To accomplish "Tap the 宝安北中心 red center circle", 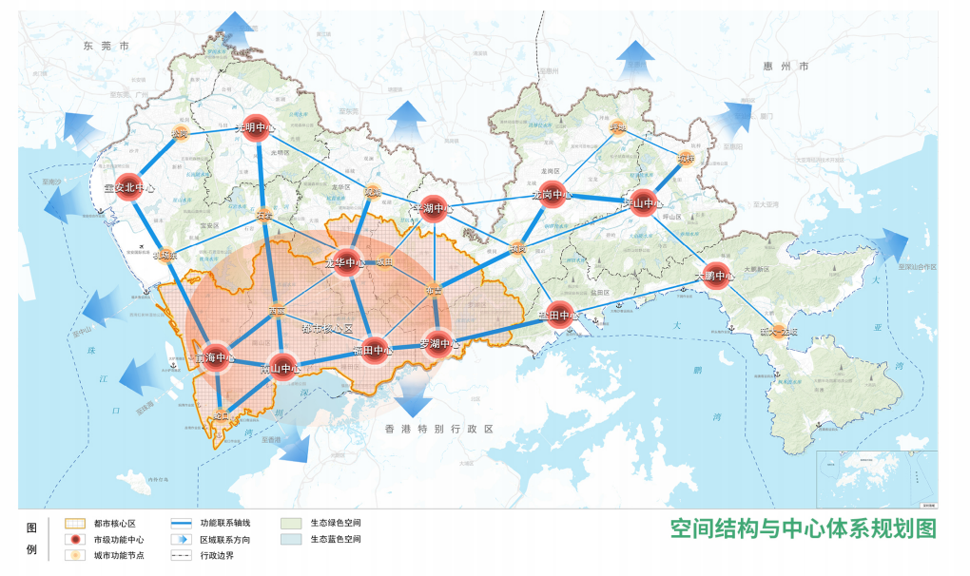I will (126, 186).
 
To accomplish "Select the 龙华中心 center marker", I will (345, 262).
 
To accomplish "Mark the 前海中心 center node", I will (215, 358).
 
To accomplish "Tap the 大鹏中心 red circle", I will (715, 277).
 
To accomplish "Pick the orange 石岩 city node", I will (263, 216).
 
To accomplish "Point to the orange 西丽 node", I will (277, 311).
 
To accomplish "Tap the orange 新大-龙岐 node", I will (766, 333).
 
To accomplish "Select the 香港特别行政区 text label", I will (439, 430).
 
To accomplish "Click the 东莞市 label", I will (106, 45).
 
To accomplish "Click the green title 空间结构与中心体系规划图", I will (803, 528).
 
